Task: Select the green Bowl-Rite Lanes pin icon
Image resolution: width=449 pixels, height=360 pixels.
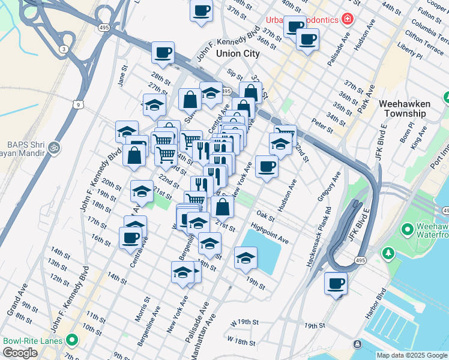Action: pos(73,341)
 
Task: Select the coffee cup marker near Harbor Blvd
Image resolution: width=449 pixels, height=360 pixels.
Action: pos(336,283)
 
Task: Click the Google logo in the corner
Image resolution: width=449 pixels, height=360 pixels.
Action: pos(20,353)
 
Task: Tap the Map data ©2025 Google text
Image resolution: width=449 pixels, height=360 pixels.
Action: pos(412,355)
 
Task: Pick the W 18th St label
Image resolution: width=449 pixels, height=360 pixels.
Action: pos(241,341)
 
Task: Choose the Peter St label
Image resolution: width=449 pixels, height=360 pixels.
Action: pos(322,127)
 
